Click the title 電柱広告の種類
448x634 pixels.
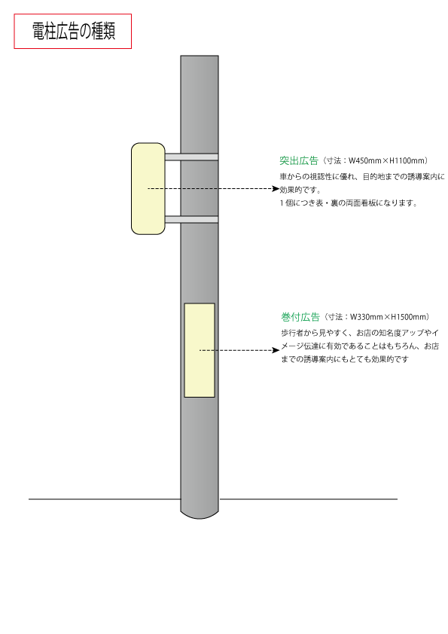(x=74, y=31)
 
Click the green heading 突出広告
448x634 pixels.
(x=299, y=160)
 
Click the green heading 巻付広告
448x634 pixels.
(x=300, y=317)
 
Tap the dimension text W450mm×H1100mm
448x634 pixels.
(x=387, y=160)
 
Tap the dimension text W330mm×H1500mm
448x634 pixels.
(x=389, y=317)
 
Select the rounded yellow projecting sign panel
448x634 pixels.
(x=148, y=188)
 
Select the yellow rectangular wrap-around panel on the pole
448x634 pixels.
(x=200, y=350)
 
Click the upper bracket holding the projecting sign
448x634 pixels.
(x=192, y=157)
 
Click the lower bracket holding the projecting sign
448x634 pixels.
(x=192, y=220)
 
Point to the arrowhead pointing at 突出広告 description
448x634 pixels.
(x=276, y=188)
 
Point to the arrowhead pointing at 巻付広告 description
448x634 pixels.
(x=276, y=350)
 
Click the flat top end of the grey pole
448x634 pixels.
(x=200, y=56)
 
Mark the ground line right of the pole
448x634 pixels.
(x=308, y=499)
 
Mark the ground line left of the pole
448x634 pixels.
(x=105, y=499)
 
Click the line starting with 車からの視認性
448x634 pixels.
(x=362, y=177)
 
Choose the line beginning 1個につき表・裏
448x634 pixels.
(x=349, y=203)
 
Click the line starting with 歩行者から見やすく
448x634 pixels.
(x=360, y=333)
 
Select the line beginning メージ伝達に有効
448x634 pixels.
(x=360, y=346)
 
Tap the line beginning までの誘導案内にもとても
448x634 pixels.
(x=345, y=359)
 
